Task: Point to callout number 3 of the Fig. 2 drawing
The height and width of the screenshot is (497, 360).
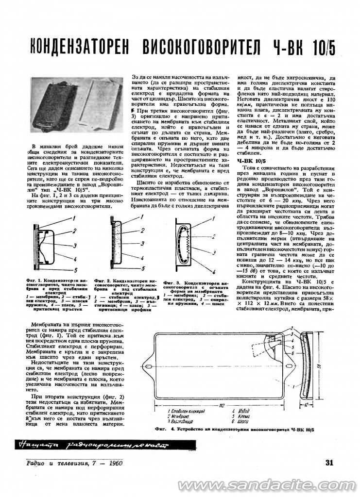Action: (x=141, y=244)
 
